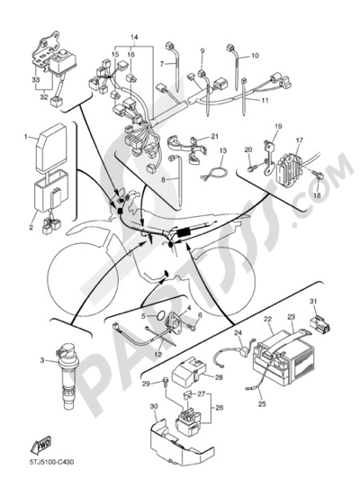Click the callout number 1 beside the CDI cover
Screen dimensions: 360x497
pyautogui.click(x=27, y=137)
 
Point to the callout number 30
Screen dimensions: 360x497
pyautogui.click(x=154, y=407)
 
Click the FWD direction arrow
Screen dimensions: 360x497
pyautogui.click(x=40, y=444)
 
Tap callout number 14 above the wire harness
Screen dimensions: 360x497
pyautogui.click(x=134, y=38)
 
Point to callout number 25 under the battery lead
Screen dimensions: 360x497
pyautogui.click(x=262, y=404)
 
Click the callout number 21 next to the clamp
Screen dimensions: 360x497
pyautogui.click(x=215, y=137)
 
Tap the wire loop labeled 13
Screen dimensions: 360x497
pyautogui.click(x=214, y=174)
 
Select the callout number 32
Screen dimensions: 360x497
pyautogui.click(x=44, y=97)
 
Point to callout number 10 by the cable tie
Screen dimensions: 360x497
pyautogui.click(x=255, y=56)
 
